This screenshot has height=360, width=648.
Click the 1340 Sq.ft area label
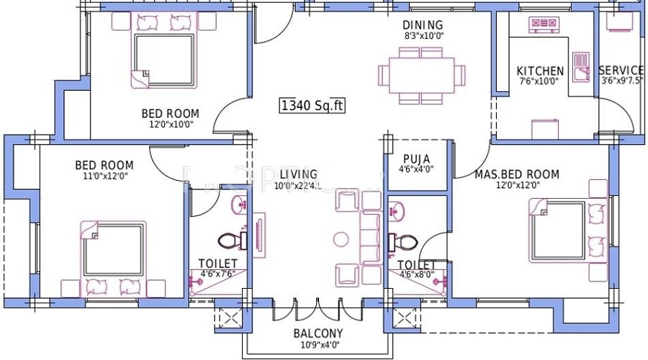pyautogui.click(x=312, y=106)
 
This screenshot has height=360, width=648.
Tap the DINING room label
pyautogui.click(x=422, y=26)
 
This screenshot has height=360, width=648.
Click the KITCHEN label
pyautogui.click(x=540, y=71)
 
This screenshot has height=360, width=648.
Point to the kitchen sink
pyautogui.click(x=580, y=66)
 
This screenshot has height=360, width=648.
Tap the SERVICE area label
pyautogui.click(x=621, y=71)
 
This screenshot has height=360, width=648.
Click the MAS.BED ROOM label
pyautogui.click(x=516, y=174)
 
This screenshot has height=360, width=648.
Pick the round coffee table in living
pyautogui.click(x=342, y=238)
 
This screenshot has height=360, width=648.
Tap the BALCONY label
pyautogui.click(x=318, y=333)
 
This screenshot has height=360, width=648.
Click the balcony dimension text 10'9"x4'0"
pyautogui.click(x=318, y=344)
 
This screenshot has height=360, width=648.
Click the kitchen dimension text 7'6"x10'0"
pyautogui.click(x=540, y=81)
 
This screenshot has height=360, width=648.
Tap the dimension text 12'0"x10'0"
pyautogui.click(x=170, y=124)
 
